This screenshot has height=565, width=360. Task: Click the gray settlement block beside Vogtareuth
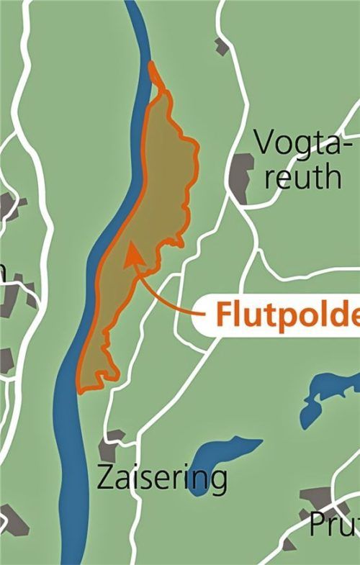[240, 176]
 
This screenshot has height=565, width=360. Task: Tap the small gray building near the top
[222, 46]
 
